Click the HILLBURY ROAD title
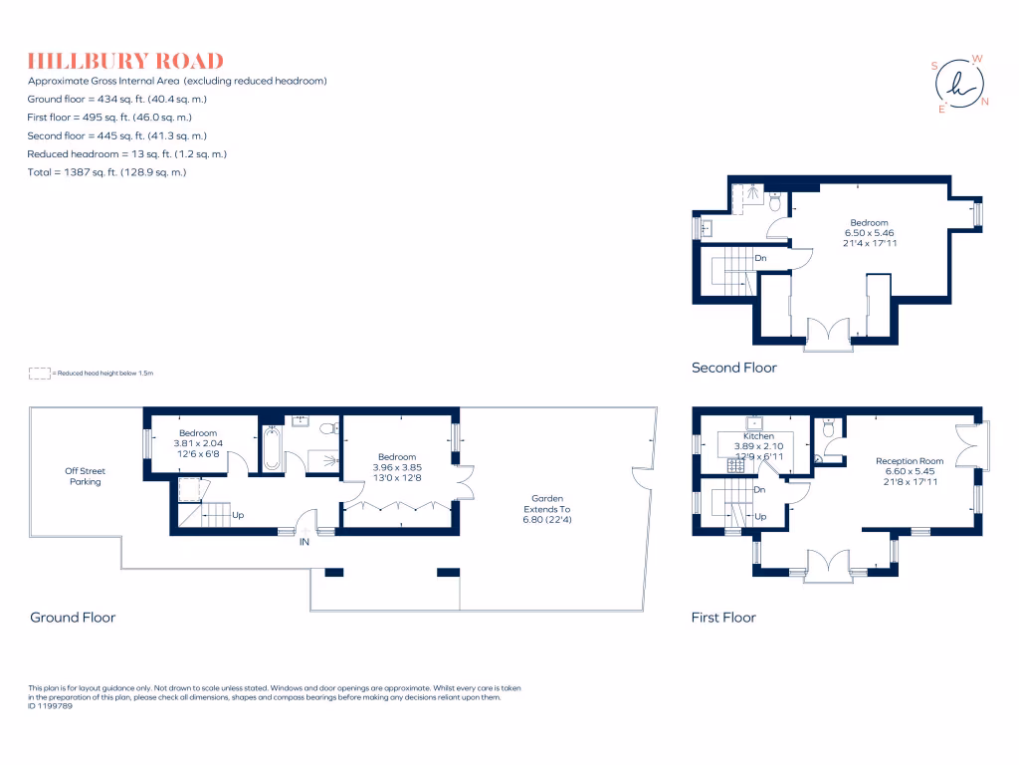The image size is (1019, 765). [125, 61]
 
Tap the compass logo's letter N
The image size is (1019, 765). [984, 102]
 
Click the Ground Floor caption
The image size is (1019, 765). [73, 618]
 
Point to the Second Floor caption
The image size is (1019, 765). [734, 368]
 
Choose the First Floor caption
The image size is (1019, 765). [723, 618]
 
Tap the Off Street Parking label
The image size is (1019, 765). [85, 476]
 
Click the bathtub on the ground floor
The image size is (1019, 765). [272, 449]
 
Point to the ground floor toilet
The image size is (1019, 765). [329, 429]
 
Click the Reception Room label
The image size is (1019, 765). [909, 471]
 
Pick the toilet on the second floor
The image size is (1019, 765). [774, 202]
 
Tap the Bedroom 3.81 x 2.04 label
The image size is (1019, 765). [198, 443]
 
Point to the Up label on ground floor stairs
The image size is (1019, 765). [239, 515]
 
